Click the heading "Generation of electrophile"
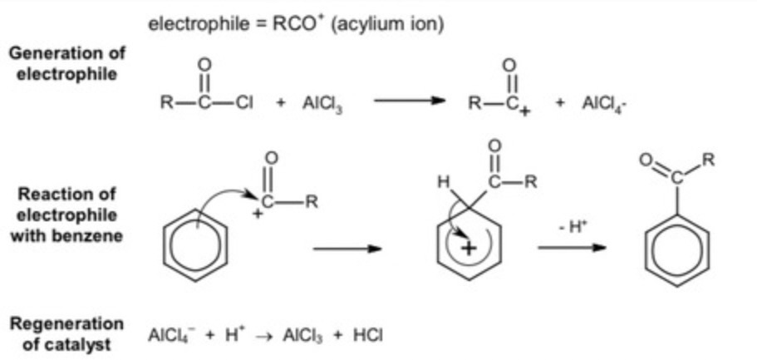click(67, 63)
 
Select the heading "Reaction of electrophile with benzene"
click(67, 215)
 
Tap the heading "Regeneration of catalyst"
click(66, 334)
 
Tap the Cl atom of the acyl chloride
click(246, 103)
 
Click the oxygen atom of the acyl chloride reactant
click(204, 64)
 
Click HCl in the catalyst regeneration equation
click(370, 335)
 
